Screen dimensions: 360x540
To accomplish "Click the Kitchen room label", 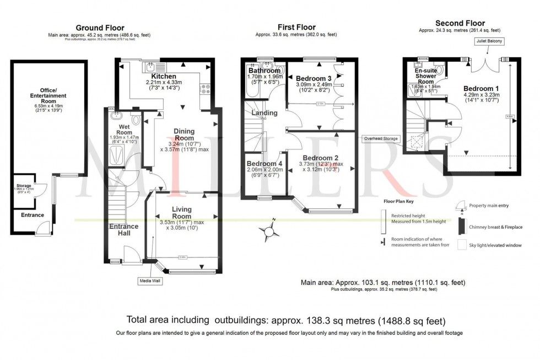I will click(164, 76).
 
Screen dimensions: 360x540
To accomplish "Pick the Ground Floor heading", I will click(100, 28).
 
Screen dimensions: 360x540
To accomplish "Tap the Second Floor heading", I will click(460, 23).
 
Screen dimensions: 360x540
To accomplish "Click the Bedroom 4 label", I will click(264, 164).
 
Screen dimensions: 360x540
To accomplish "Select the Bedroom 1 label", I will click(481, 88).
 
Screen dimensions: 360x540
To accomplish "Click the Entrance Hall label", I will click(124, 229).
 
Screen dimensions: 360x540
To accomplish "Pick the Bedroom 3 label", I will click(314, 78).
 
